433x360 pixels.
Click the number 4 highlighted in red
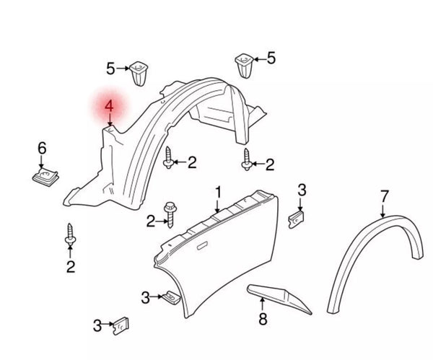pyautogui.click(x=109, y=107)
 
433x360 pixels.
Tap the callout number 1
pyautogui.click(x=217, y=192)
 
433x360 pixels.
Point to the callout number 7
pyautogui.click(x=384, y=195)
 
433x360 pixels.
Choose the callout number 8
pyautogui.click(x=263, y=318)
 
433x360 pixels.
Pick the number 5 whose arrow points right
pyautogui.click(x=111, y=69)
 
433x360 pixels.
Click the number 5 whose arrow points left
pyautogui.click(x=271, y=58)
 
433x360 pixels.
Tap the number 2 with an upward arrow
pyautogui.click(x=71, y=268)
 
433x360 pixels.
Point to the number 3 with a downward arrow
pyautogui.click(x=302, y=190)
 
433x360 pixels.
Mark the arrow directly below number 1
pyautogui.click(x=217, y=206)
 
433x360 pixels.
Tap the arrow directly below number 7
pyautogui.click(x=383, y=209)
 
